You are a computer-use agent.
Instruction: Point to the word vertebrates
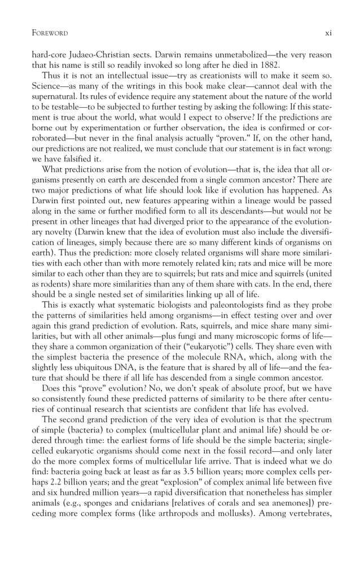click(x=309, y=523)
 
